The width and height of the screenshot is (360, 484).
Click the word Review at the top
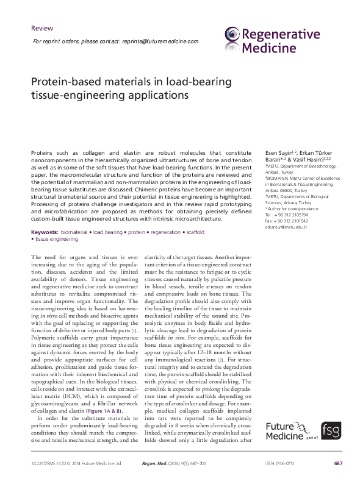(x=41, y=28)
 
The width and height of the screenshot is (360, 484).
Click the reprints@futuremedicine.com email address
(x=157, y=41)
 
